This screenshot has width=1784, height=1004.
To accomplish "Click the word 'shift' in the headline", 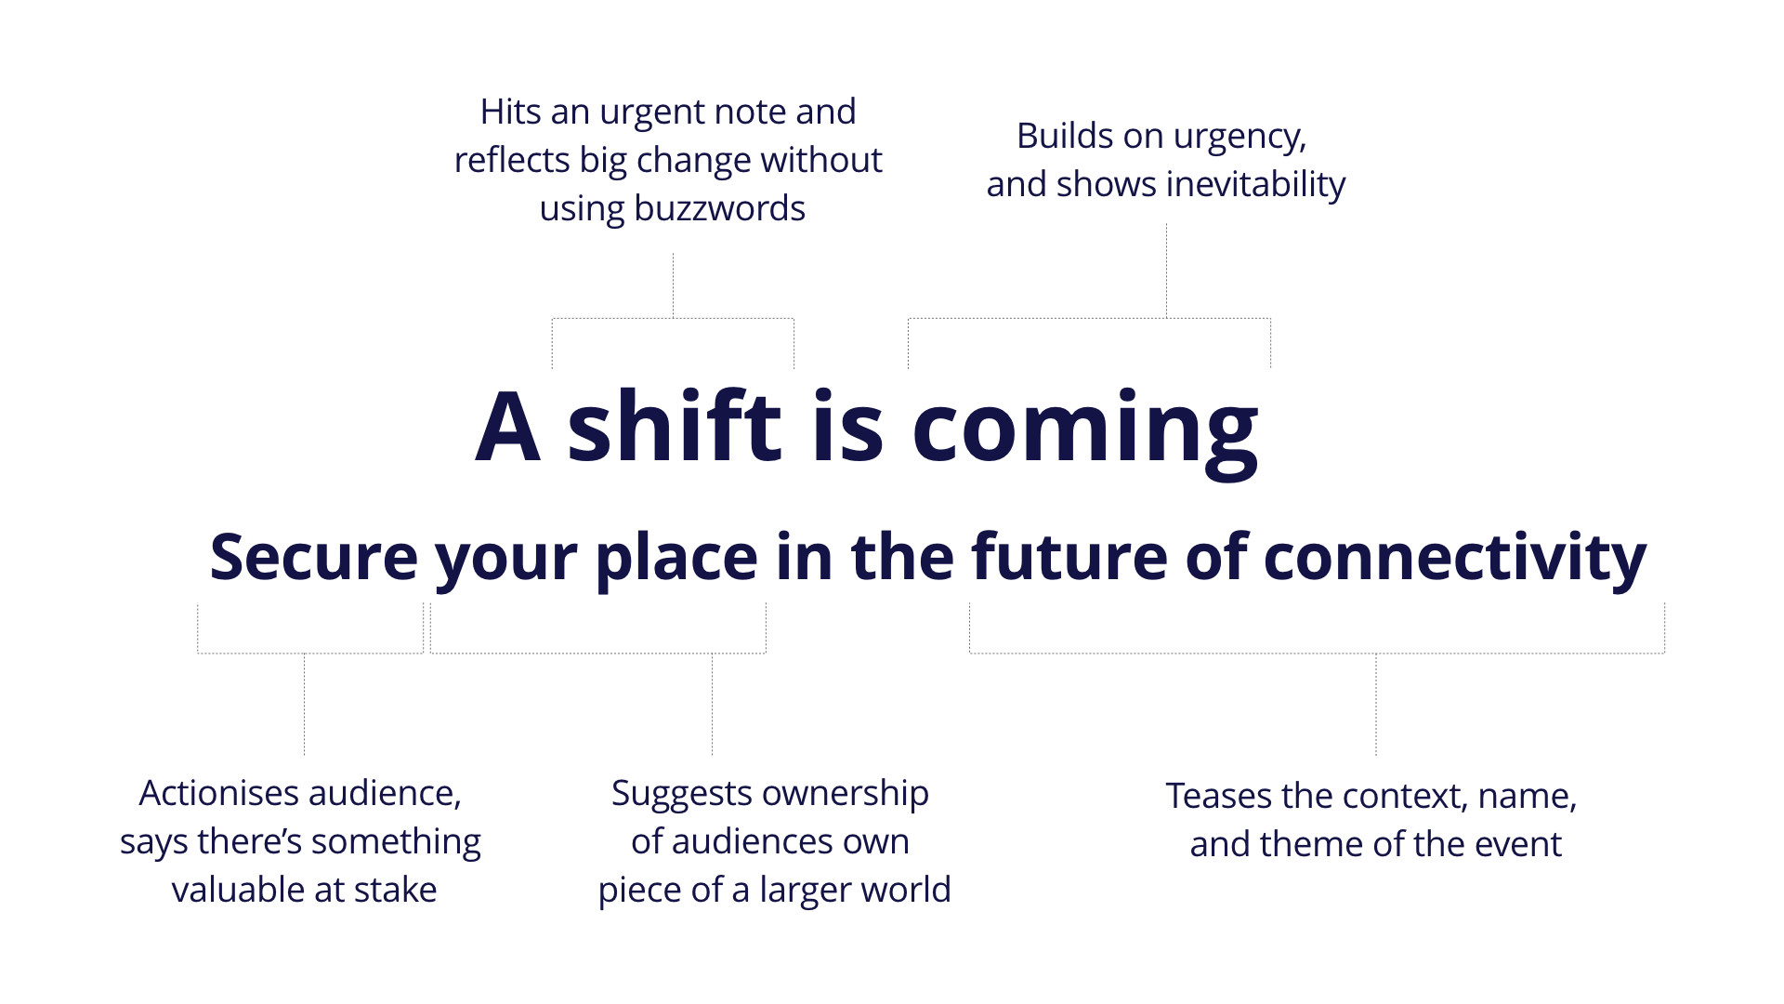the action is tap(676, 425).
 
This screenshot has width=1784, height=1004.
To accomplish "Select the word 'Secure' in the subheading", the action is tap(314, 557).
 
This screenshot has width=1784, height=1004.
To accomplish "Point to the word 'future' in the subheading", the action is tap(1069, 557).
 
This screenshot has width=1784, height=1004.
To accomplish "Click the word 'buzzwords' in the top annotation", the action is tap(719, 208).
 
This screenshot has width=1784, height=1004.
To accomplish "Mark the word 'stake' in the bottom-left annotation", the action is tap(395, 890).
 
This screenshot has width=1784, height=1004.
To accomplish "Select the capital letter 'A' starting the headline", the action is tap(507, 427).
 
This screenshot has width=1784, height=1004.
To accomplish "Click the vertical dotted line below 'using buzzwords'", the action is tap(673, 285).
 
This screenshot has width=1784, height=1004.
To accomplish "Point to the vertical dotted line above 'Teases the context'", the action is tap(1376, 705).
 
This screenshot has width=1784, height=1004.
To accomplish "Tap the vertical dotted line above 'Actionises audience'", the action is tap(304, 705).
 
